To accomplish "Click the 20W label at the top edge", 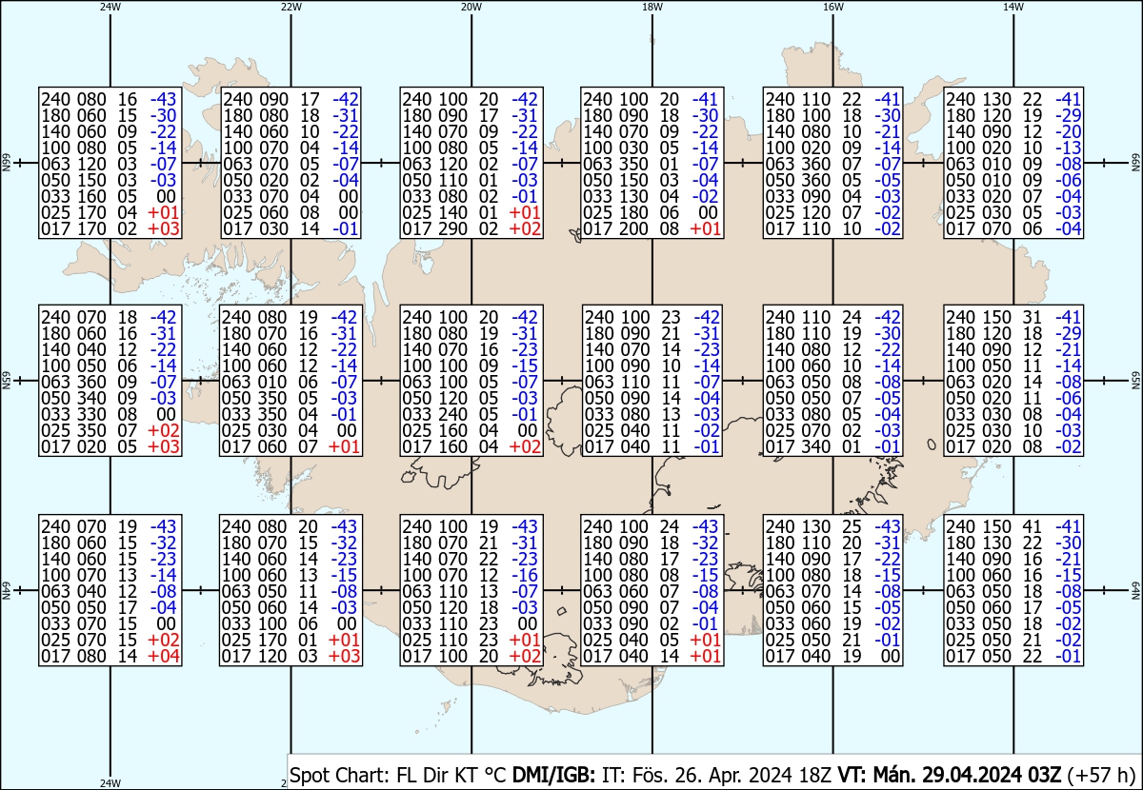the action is click(x=471, y=8).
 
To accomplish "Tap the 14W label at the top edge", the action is click(x=1013, y=8).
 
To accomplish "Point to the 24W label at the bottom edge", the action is click(x=110, y=782).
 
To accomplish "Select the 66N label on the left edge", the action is click(x=6, y=163).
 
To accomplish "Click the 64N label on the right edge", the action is click(x=1135, y=590).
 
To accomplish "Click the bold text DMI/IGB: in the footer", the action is click(x=553, y=775).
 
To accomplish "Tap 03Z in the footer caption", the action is click(x=1044, y=775).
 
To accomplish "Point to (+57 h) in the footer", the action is click(x=1101, y=775).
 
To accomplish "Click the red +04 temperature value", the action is click(x=163, y=656).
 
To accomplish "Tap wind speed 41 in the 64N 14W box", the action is click(x=1032, y=526).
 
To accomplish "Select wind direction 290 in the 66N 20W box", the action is click(x=452, y=228).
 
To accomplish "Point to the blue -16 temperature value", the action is click(x=525, y=575).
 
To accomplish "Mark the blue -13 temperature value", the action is click(x=1068, y=148).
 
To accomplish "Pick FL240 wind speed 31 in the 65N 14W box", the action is click(x=1032, y=317).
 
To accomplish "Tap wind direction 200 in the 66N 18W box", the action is click(x=633, y=228).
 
